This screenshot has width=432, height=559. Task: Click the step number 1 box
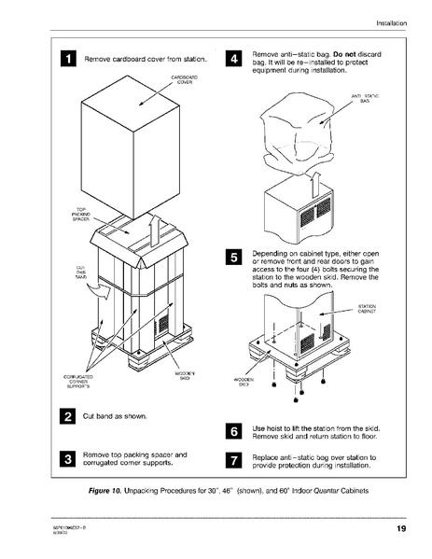tap(69, 60)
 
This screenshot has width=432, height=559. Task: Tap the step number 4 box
tap(233, 60)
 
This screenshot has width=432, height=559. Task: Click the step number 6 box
tap(233, 430)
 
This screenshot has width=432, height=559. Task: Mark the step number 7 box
tap(233, 459)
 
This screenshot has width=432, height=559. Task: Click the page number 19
tap(399, 530)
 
